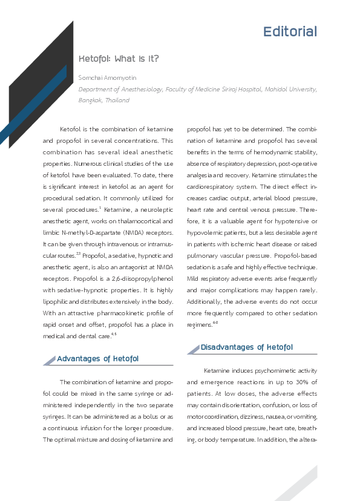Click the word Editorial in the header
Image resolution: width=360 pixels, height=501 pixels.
coord(290,31)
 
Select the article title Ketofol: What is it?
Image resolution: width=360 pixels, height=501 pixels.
coord(119,59)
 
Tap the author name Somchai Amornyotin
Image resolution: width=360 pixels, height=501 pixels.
coord(108,78)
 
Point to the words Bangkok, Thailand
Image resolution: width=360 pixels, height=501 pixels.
coord(103,100)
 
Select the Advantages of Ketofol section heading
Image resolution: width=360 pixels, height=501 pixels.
coord(97,359)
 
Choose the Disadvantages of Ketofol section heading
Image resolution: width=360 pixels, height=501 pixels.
coord(246,347)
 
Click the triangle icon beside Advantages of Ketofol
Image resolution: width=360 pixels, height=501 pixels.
coord(50,361)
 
